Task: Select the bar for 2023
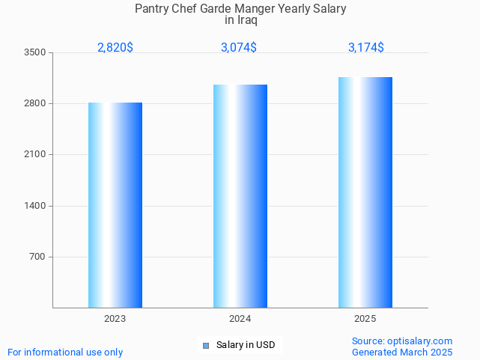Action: pyautogui.click(x=115, y=205)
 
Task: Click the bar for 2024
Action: pyautogui.click(x=240, y=196)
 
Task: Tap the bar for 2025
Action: pyautogui.click(x=365, y=192)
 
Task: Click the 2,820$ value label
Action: pyautogui.click(x=115, y=48)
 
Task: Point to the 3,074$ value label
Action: pyautogui.click(x=239, y=48)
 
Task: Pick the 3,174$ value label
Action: pyautogui.click(x=366, y=48)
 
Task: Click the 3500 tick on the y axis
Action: pyautogui.click(x=35, y=52)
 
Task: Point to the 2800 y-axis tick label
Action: pyautogui.click(x=35, y=103)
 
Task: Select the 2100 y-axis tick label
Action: pyautogui.click(x=35, y=154)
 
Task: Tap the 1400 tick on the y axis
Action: pyautogui.click(x=35, y=206)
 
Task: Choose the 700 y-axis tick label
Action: pyautogui.click(x=37, y=257)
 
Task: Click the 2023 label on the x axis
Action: pyautogui.click(x=115, y=319)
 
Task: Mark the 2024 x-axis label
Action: pyautogui.click(x=240, y=319)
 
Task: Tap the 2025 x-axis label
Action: pyautogui.click(x=365, y=319)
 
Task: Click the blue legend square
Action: pyautogui.click(x=206, y=345)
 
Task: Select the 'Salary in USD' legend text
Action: pyautogui.click(x=246, y=345)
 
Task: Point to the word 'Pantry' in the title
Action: pyautogui.click(x=152, y=8)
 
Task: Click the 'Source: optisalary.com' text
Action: pyautogui.click(x=402, y=341)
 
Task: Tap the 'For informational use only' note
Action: pyautogui.click(x=65, y=352)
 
